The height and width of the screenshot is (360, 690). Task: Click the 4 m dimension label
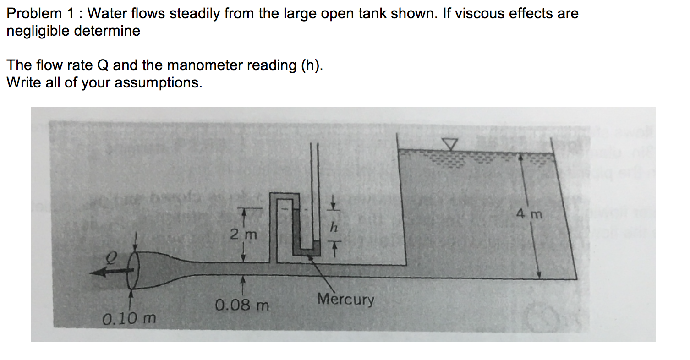click(x=529, y=214)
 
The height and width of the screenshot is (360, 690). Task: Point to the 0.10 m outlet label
click(x=129, y=317)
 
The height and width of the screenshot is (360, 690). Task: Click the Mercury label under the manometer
click(x=346, y=300)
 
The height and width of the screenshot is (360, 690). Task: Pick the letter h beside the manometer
click(x=335, y=227)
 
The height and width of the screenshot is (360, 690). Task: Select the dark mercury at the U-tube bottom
click(x=310, y=251)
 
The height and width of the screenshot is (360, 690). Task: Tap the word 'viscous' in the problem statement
click(x=495, y=13)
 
